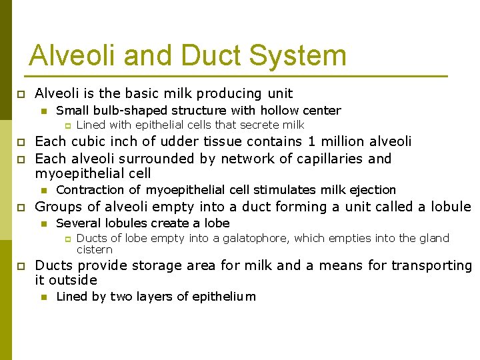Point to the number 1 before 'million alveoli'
[x=311, y=141]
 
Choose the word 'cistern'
[x=95, y=249]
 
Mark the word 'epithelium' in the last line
[x=224, y=297]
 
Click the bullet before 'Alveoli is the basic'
[x=20, y=94]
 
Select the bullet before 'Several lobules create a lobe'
[x=44, y=223]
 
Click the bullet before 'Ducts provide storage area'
[x=20, y=266]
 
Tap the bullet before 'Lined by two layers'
[x=44, y=297]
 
